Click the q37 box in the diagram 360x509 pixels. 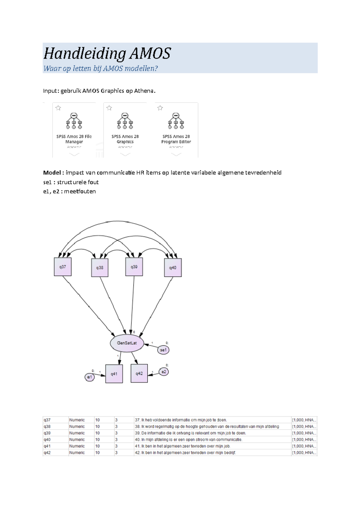tap(62, 267)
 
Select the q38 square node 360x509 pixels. tap(100, 267)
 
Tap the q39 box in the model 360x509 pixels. tap(134, 266)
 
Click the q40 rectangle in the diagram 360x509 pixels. tap(173, 268)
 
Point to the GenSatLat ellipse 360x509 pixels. tap(127, 343)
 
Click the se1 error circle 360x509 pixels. tap(163, 350)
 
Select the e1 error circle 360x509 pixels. tap(89, 377)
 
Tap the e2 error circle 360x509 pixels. tap(163, 372)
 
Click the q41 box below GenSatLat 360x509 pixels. tap(114, 374)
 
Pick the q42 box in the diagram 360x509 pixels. tap(139, 374)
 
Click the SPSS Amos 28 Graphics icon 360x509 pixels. tap(125, 121)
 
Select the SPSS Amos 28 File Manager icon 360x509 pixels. tap(74, 121)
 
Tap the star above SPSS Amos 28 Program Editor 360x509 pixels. tap(160, 108)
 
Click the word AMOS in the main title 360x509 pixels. tap(150, 54)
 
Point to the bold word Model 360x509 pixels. tap(52, 173)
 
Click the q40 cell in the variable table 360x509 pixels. tap(47, 440)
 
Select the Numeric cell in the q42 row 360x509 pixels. tap(77, 453)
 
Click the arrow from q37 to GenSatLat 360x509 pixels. tap(88, 306)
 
